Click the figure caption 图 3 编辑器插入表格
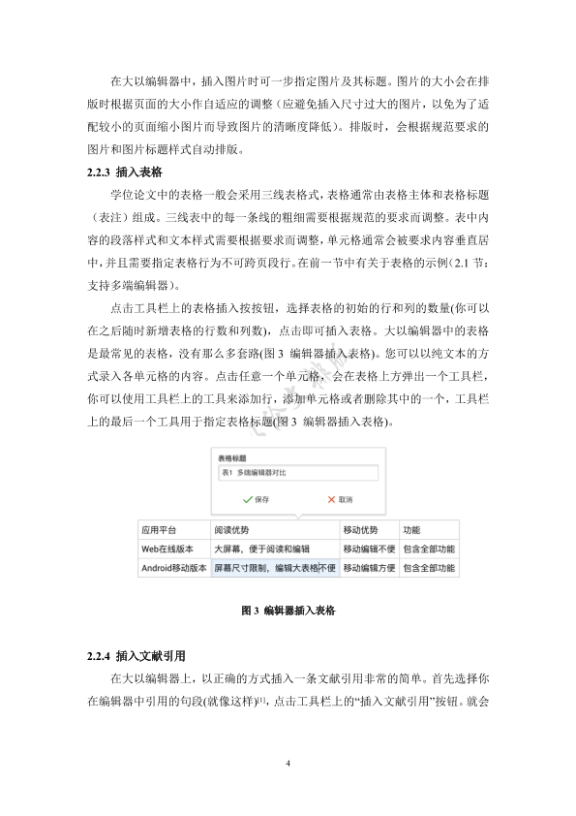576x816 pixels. pyautogui.click(x=288, y=612)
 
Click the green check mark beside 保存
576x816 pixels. pyautogui.click(x=248, y=499)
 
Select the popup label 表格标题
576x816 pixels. pyautogui.click(x=232, y=455)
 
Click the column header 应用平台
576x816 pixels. pyautogui.click(x=160, y=531)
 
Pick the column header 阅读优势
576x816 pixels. pyautogui.click(x=231, y=531)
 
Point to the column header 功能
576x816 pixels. pyautogui.click(x=411, y=531)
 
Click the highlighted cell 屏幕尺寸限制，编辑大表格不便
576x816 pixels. pyautogui.click(x=275, y=568)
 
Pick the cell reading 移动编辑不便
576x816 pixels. pyautogui.click(x=369, y=549)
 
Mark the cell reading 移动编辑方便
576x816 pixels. pyautogui.click(x=369, y=568)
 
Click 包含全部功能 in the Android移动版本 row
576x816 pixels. pyautogui.click(x=428, y=568)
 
